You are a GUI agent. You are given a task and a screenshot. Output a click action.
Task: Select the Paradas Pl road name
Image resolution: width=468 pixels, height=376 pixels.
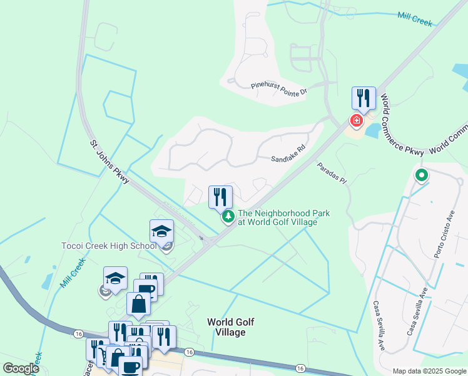click(331, 173)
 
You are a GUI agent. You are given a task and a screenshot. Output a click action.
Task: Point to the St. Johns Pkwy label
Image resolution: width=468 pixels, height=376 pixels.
click(109, 162)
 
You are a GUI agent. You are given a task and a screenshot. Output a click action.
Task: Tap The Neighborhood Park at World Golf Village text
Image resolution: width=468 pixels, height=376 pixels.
click(283, 217)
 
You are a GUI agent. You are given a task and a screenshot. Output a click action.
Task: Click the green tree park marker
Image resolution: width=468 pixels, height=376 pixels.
click(229, 217)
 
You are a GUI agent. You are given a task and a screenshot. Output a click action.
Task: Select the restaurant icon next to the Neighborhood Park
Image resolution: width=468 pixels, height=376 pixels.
click(220, 197)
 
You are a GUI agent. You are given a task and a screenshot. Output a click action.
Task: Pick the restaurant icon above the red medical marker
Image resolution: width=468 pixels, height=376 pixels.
click(363, 98)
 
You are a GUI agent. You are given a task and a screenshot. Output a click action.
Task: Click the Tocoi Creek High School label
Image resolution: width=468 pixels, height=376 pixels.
click(109, 246)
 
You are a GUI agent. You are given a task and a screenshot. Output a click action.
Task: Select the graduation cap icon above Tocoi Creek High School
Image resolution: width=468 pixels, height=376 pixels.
click(161, 231)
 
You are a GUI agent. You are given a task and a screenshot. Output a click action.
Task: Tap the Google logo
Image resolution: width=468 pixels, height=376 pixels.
click(20, 368)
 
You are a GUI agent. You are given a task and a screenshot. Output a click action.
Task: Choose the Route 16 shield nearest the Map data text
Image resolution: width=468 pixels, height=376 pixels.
click(301, 368)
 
